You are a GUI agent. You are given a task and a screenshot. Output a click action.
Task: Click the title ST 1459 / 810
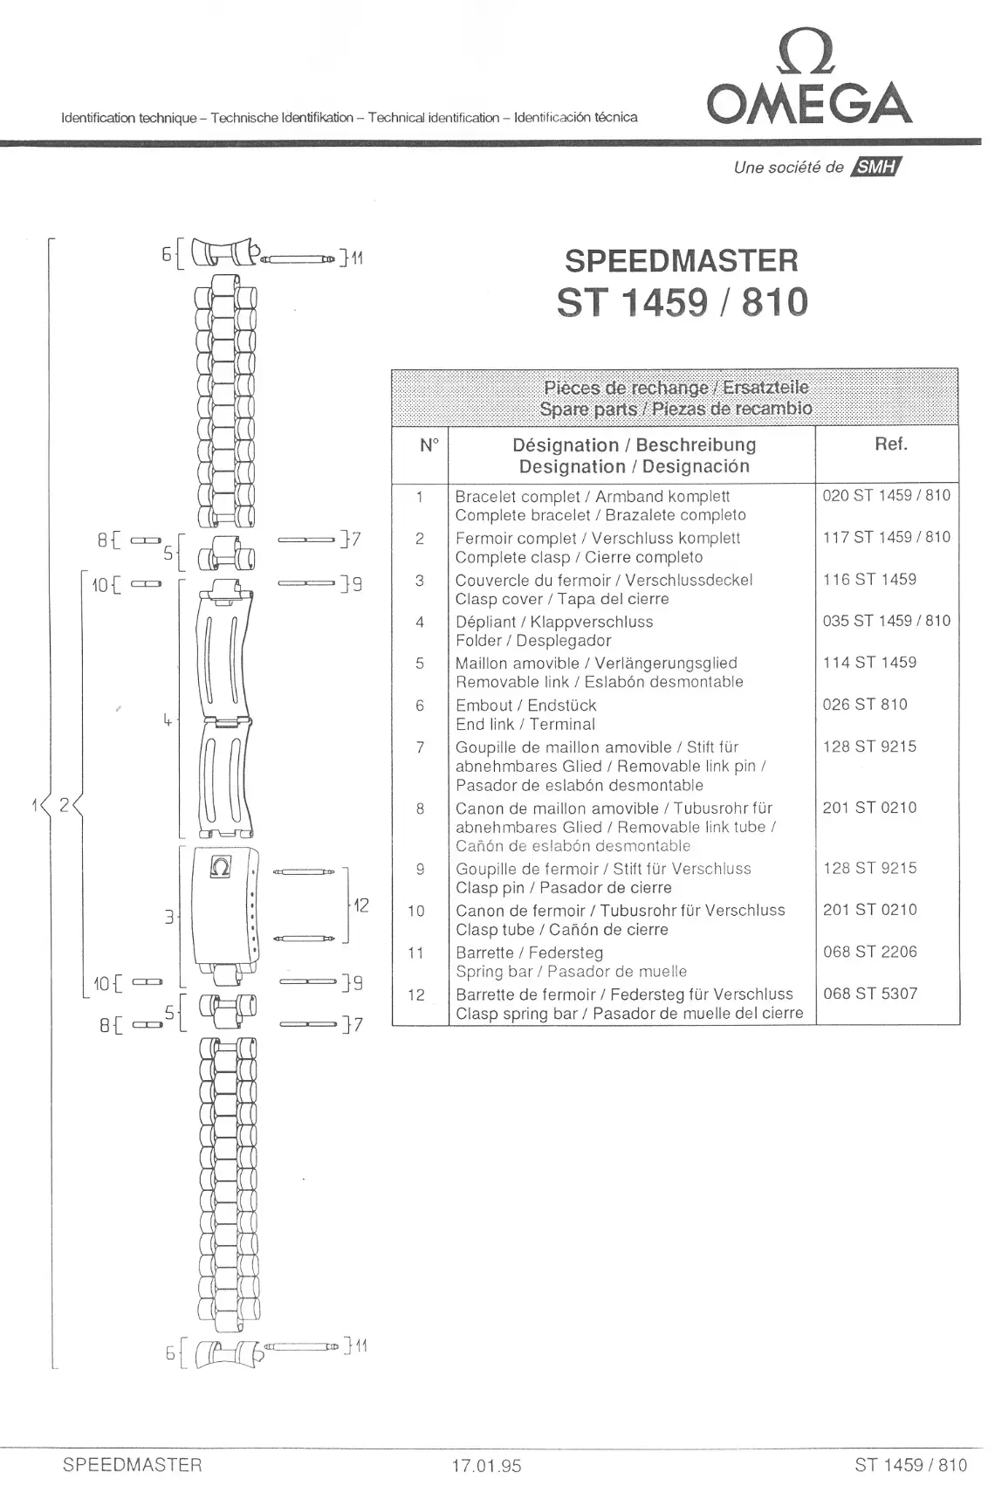click(x=682, y=302)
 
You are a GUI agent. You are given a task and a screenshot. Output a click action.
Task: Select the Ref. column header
click(x=890, y=444)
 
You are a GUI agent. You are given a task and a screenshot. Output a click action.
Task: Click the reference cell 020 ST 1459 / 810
click(x=886, y=496)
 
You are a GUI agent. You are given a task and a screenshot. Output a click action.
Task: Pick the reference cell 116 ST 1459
click(x=869, y=580)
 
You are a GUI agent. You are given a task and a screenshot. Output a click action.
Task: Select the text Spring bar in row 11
click(x=494, y=972)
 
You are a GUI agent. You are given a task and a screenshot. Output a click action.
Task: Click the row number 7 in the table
click(x=420, y=747)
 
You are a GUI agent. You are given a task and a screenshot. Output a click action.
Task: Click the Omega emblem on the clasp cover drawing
click(x=221, y=868)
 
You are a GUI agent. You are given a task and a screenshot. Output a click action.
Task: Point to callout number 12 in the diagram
click(x=360, y=905)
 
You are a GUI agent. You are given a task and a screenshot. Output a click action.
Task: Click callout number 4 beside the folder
click(x=166, y=720)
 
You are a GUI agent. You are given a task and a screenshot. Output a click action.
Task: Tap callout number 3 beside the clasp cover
click(x=168, y=917)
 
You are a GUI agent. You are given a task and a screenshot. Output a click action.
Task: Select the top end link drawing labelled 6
click(x=226, y=253)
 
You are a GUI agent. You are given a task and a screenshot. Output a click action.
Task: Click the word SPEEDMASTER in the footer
click(x=132, y=1465)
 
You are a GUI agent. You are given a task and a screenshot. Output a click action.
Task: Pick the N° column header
click(x=429, y=445)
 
